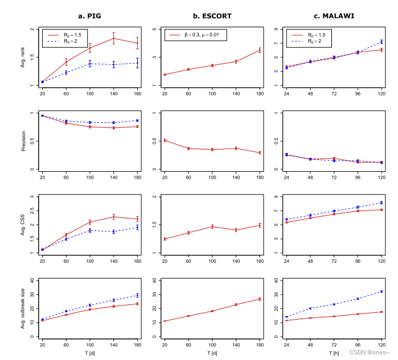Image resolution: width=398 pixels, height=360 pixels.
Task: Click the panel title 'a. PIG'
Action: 89,16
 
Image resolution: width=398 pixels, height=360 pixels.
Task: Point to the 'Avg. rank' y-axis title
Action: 23,57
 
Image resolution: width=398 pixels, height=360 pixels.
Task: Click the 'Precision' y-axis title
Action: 23,141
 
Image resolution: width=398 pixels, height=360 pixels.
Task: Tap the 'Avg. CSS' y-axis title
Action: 23,225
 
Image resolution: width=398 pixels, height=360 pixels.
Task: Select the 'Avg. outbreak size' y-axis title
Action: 23,308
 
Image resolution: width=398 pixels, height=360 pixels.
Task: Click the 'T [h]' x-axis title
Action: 334,354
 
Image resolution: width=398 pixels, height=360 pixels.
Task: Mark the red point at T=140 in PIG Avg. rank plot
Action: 114,38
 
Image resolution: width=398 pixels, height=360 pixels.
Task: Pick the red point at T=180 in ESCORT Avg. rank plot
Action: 260,50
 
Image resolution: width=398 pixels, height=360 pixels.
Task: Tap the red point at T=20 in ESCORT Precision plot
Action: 165,140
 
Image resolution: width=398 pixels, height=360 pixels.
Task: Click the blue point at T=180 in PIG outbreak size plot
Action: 137,295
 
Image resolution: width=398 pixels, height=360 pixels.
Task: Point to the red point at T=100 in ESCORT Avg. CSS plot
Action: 212,226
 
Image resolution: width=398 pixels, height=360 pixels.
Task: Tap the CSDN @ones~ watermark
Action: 371,352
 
